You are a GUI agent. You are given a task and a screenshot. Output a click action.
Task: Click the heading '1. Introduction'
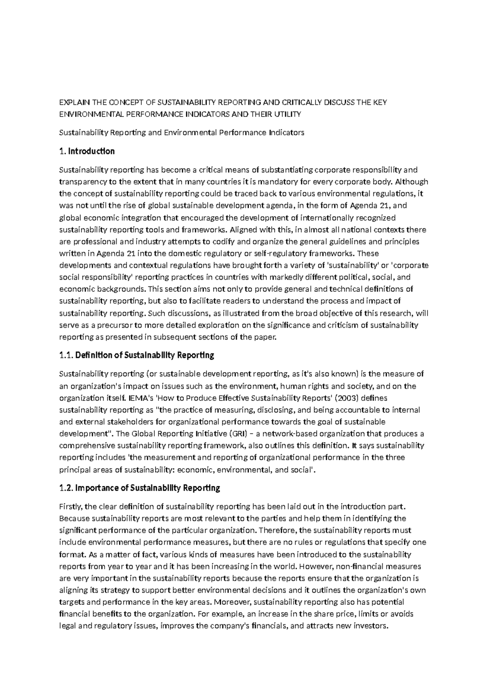pyautogui.click(x=87, y=151)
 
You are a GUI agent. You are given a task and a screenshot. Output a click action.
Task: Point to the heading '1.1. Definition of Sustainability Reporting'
pyautogui.click(x=137, y=355)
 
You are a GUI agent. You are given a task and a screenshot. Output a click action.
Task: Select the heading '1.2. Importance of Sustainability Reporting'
pyautogui.click(x=140, y=488)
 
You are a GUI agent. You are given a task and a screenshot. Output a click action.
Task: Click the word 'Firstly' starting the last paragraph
pyautogui.click(x=71, y=507)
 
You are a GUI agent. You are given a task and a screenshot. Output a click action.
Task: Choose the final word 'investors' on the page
pyautogui.click(x=370, y=626)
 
